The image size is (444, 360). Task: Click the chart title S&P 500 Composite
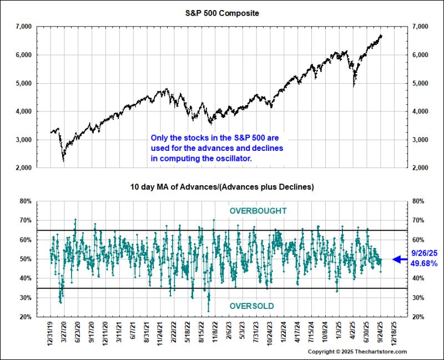tap(221, 12)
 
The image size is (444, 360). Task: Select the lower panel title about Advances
tap(222, 187)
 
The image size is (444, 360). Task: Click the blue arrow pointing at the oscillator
tap(401, 259)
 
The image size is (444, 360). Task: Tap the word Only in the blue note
tap(159, 138)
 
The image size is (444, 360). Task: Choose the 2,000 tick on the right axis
tap(419, 168)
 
